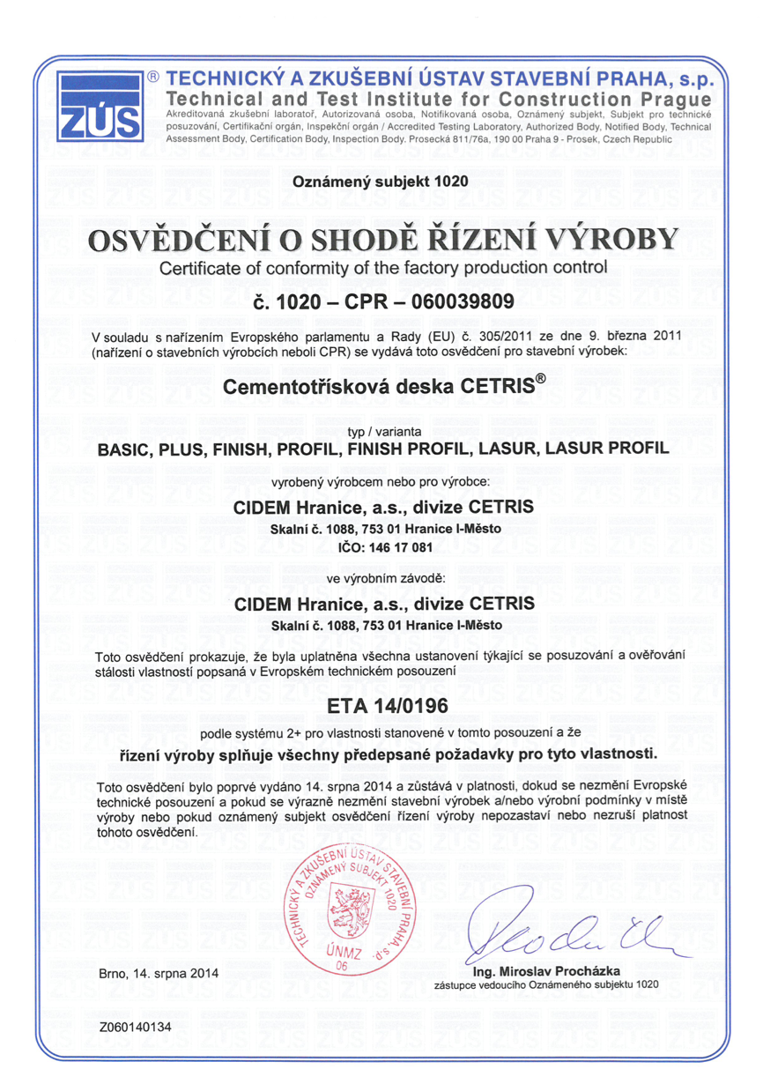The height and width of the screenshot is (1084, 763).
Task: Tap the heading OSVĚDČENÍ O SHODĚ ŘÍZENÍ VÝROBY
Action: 381,241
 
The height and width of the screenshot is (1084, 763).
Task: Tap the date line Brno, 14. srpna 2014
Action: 159,974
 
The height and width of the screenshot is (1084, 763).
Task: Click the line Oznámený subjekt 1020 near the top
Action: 381,182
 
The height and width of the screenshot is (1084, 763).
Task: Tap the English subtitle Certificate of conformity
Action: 381,268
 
